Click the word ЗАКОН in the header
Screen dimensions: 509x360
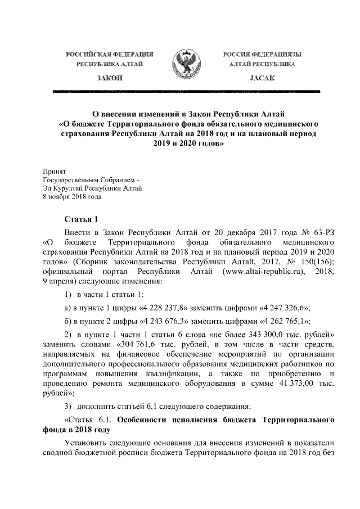[110, 77]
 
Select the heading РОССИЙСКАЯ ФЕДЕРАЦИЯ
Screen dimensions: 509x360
[110, 54]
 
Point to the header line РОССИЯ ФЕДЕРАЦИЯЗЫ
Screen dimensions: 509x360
[261, 54]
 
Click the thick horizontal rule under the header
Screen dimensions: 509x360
[186, 91]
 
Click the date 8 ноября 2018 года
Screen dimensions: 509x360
[73, 197]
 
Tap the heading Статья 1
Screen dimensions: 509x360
[82, 219]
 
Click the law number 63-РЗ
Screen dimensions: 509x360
[321, 232]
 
